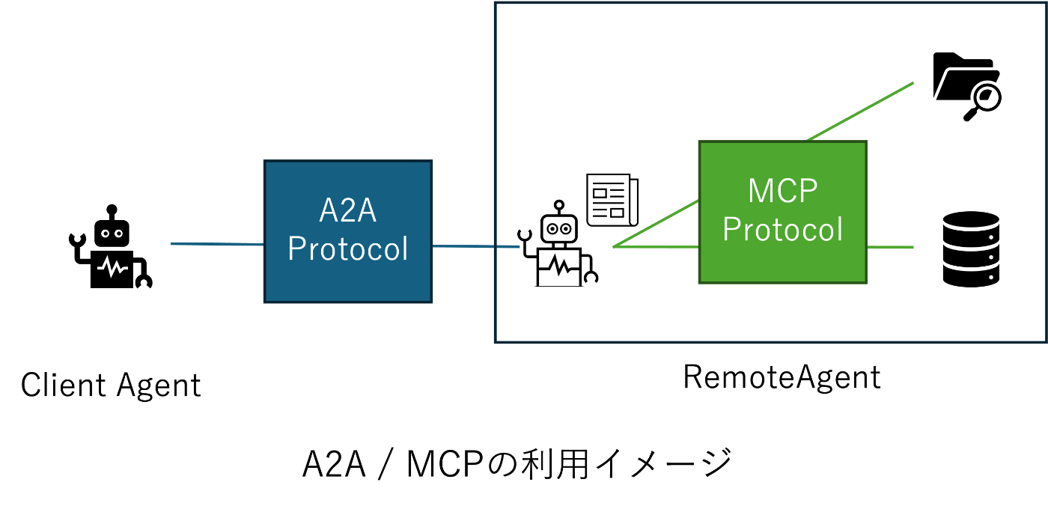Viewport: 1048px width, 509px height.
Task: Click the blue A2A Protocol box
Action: tap(348, 231)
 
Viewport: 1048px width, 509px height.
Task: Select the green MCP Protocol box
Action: tap(783, 212)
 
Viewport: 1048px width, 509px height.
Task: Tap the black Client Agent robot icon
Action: tap(111, 246)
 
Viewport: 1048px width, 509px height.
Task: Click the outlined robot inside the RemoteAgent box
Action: tap(558, 244)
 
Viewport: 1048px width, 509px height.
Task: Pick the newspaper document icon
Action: tap(612, 200)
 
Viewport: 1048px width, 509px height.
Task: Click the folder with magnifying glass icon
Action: tap(967, 87)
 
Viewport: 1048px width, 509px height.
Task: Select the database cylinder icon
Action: tap(972, 249)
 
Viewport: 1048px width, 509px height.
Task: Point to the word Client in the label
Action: tap(63, 385)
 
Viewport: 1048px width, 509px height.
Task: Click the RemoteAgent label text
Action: tap(782, 377)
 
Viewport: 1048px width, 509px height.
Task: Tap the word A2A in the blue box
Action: tap(347, 210)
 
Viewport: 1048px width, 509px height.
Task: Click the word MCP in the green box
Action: tap(783, 190)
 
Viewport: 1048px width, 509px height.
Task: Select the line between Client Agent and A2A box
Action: tap(218, 244)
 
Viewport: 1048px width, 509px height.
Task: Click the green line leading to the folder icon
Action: tap(860, 112)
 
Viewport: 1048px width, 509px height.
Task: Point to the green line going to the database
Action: tap(890, 247)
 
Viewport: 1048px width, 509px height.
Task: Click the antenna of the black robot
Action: tap(112, 212)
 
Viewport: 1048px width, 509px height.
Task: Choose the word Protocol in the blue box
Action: tap(348, 248)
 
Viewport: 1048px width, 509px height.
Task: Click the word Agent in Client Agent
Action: tap(159, 386)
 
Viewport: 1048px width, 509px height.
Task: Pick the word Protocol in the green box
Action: tap(783, 229)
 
